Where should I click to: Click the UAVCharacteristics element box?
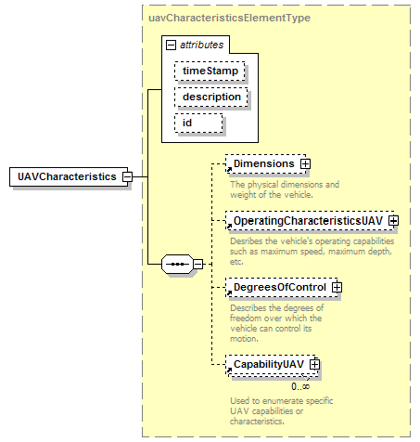[69, 176]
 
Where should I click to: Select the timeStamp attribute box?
[210, 71]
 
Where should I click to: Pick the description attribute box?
[211, 97]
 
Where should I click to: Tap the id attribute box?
[198, 123]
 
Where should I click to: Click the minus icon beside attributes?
[171, 45]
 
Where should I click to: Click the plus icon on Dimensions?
[305, 163]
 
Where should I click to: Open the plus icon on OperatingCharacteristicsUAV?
[393, 221]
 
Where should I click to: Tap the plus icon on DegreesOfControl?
[337, 287]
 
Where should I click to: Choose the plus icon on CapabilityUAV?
[314, 364]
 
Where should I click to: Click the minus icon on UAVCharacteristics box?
[127, 176]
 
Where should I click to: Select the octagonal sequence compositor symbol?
[177, 264]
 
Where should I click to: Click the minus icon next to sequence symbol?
[197, 264]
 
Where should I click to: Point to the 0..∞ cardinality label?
[300, 386]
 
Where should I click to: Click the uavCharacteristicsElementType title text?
[229, 18]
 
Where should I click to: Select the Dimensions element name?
[264, 163]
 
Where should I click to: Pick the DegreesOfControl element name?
[280, 287]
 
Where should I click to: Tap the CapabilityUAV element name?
[269, 365]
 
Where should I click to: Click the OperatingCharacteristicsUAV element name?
[308, 221]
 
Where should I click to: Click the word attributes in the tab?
[201, 45]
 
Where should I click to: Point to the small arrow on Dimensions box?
[229, 169]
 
